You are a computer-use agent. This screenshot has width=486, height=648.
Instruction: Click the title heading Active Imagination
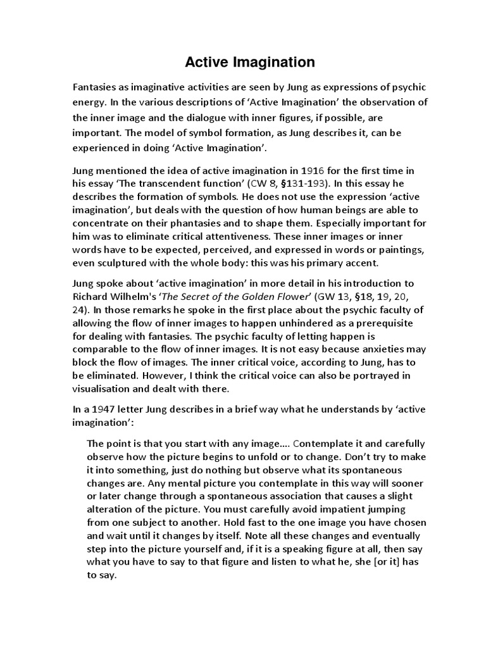pos(249,62)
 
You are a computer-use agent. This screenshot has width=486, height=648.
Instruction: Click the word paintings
pos(407,249)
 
